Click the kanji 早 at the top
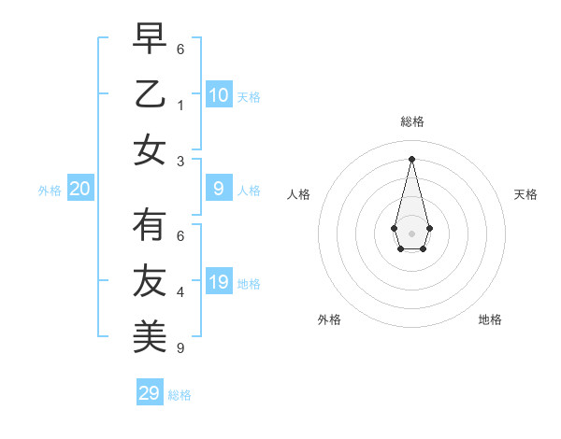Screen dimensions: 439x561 point(150,39)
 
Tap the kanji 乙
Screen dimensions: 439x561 point(150,94)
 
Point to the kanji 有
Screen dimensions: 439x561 point(150,226)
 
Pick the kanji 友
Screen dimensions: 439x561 point(150,281)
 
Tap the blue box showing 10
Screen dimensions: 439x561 point(219,94)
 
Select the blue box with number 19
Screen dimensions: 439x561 point(219,282)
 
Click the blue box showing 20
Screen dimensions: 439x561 point(80,190)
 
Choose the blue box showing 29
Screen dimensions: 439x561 point(150,392)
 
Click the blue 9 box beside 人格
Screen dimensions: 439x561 point(219,189)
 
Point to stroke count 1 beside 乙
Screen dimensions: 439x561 point(180,106)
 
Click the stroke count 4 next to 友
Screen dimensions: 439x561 point(180,292)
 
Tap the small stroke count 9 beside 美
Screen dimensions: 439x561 point(180,348)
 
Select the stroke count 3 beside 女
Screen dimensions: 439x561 point(180,161)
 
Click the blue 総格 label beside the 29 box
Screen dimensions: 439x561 point(180,395)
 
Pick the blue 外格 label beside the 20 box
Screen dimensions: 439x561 point(50,191)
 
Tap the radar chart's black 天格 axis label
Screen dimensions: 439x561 point(525,194)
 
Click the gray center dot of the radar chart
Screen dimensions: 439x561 point(411,233)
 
